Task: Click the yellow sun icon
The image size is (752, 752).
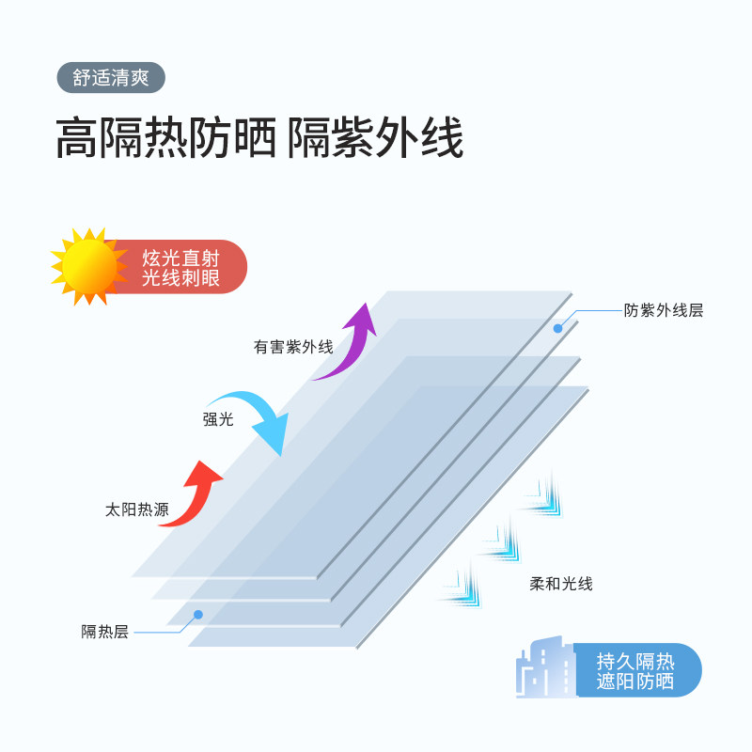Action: pyautogui.click(x=88, y=267)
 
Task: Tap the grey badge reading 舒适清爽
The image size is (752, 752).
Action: pyautogui.click(x=111, y=77)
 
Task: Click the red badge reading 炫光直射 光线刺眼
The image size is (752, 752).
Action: pyautogui.click(x=183, y=267)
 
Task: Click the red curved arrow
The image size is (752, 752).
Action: pyautogui.click(x=193, y=494)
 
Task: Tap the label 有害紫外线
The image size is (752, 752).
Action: pyautogui.click(x=292, y=347)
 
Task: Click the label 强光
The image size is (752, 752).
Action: pyautogui.click(x=218, y=419)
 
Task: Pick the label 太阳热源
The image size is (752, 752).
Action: pyautogui.click(x=137, y=510)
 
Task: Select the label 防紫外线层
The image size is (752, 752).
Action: pyautogui.click(x=664, y=310)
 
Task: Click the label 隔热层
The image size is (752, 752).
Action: pyautogui.click(x=104, y=632)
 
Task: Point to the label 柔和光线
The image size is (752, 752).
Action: pyautogui.click(x=561, y=584)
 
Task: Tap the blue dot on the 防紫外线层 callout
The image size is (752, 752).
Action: pyautogui.click(x=557, y=328)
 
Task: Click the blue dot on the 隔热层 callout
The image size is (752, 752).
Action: pyautogui.click(x=198, y=615)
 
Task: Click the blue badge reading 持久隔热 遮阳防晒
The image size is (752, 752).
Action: pyautogui.click(x=635, y=670)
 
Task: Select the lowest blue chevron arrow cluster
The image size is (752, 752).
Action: pyautogui.click(x=461, y=587)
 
